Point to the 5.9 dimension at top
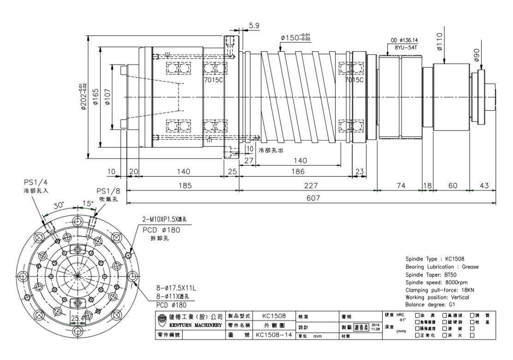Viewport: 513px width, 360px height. (x=254, y=26)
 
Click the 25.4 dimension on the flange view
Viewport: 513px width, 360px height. (x=78, y=319)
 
